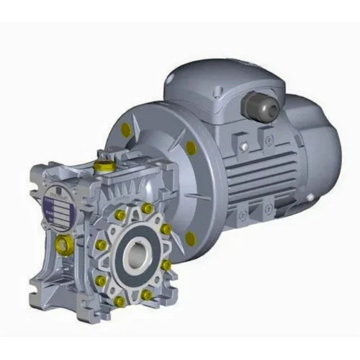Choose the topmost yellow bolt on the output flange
pos(147,208)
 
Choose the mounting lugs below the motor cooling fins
pos(248,212)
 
